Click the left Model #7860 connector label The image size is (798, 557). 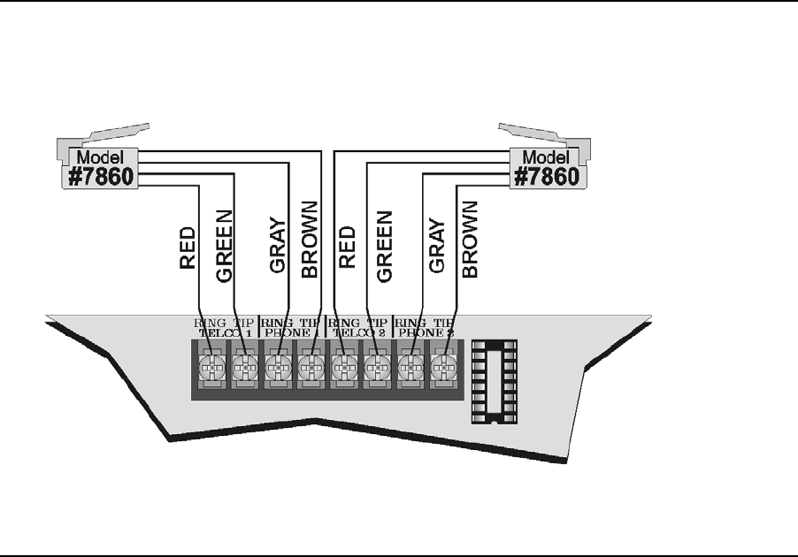pyautogui.click(x=100, y=166)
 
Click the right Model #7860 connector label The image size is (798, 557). pyautogui.click(x=546, y=166)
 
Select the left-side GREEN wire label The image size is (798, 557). pyautogui.click(x=223, y=247)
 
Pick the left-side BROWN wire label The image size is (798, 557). pyautogui.click(x=309, y=240)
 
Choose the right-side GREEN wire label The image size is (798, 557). pyautogui.click(x=384, y=247)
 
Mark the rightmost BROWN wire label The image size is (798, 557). pyautogui.click(x=470, y=240)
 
